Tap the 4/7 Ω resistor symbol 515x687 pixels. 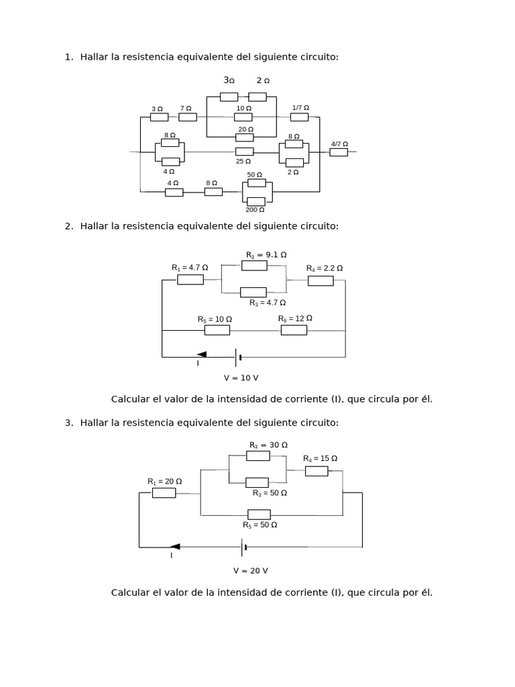tap(339, 152)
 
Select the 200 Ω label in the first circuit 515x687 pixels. tap(255, 210)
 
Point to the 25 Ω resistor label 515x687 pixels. tap(243, 161)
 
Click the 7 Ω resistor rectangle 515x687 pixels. tap(188, 117)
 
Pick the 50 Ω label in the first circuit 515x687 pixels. tap(255, 174)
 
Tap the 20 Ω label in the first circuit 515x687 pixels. tap(245, 129)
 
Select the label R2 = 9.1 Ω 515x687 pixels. tap(266, 255)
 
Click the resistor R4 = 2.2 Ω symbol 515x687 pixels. tap(321, 280)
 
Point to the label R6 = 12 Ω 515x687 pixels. tap(295, 318)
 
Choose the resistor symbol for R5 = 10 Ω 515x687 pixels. tap(217, 330)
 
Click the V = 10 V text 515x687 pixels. tap(241, 378)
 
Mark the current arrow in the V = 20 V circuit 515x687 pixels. tap(174, 547)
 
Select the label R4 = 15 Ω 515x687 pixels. tap(320, 458)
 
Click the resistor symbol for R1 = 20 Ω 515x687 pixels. tap(164, 492)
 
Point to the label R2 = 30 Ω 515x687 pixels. tap(268, 445)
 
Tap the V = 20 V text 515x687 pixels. tap(250, 570)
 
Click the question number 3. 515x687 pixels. tap(68, 423)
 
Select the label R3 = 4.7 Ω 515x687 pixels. tap(268, 303)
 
